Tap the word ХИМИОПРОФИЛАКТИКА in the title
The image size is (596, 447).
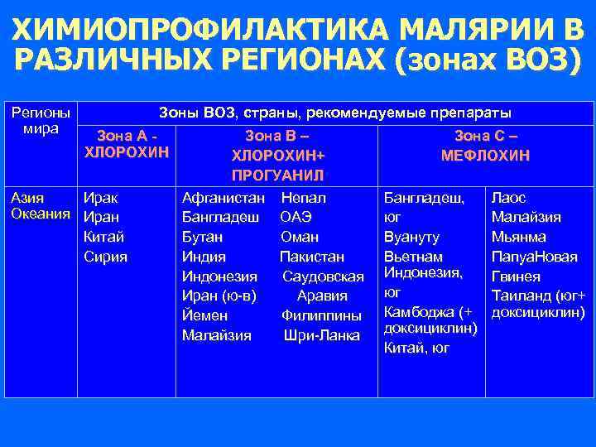coord(199,31)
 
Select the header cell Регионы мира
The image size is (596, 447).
coord(39,121)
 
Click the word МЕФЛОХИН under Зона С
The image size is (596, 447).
coord(486,155)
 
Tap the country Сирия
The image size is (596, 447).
coord(106,257)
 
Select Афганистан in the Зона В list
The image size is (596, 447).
coord(223,198)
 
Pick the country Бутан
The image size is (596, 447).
coord(204,237)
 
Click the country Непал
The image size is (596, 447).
coord(303,198)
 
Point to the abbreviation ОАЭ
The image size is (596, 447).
coord(296,217)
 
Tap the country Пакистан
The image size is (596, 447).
coord(312,257)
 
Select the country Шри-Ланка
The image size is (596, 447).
coord(321,335)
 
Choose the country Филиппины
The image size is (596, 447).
coord(321,315)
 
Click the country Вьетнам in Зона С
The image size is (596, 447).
coord(414,257)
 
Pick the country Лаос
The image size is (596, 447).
coord(509,198)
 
